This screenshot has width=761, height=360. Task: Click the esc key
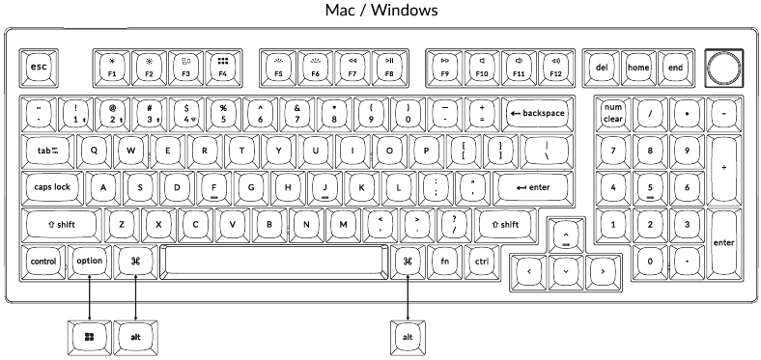(40, 68)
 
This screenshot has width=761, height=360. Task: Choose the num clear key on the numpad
(613, 113)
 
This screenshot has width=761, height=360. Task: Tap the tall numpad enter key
(723, 242)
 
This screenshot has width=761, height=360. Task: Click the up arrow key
(565, 235)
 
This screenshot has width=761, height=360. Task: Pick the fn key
(445, 261)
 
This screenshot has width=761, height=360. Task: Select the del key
(602, 68)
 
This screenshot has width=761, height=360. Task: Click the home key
(638, 68)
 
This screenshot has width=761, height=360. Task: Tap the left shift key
(62, 224)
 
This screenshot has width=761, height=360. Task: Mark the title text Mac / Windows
(380, 11)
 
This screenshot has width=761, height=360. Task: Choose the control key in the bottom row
(43, 261)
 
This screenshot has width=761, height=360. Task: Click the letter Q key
(94, 150)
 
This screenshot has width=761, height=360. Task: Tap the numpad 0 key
(651, 261)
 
